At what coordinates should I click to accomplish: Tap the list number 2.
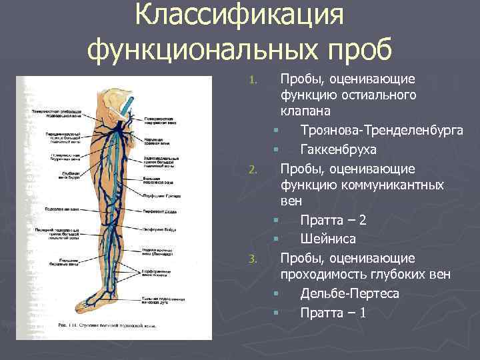[252, 170]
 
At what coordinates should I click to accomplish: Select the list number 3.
[252, 259]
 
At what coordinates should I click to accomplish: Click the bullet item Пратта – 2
[333, 220]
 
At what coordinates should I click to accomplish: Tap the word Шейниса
[328, 238]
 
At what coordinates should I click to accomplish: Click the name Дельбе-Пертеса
[350, 293]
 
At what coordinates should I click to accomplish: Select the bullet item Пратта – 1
[333, 311]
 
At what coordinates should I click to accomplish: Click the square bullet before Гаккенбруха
[274, 149]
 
